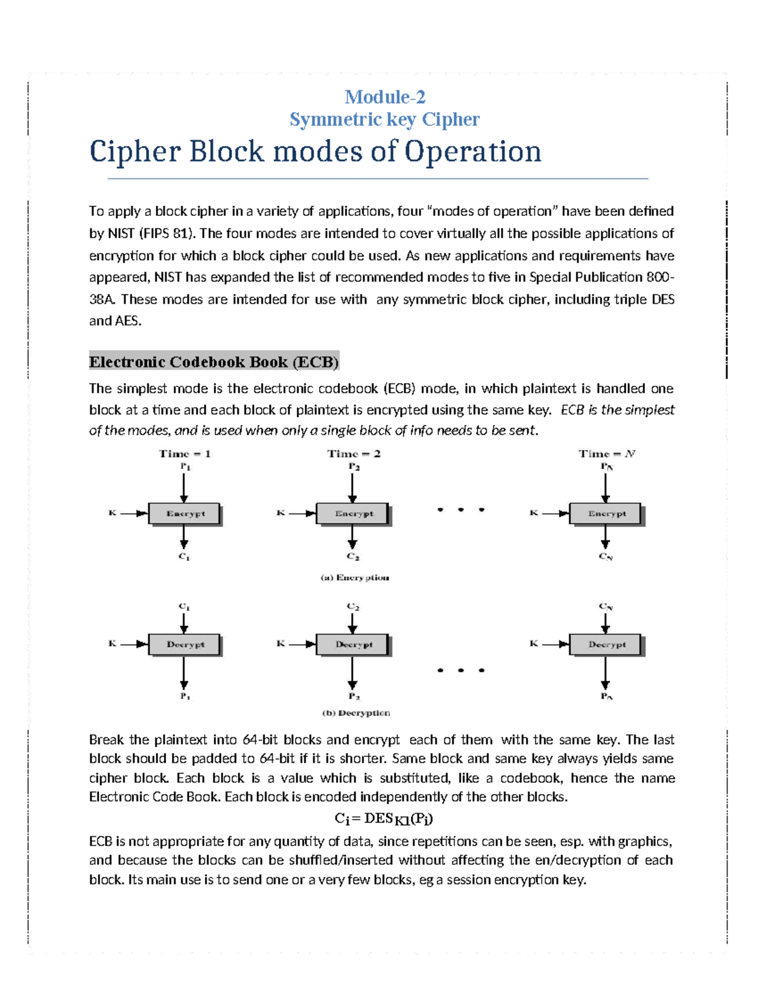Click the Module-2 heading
[x=385, y=97]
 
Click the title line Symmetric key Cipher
[x=385, y=119]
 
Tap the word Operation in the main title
[x=472, y=152]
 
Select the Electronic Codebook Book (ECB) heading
[x=214, y=362]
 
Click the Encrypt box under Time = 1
[x=185, y=514]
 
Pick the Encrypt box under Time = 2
[x=353, y=514]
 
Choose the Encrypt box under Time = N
[x=606, y=514]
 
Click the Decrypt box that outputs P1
[x=185, y=645]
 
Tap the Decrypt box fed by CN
[x=606, y=645]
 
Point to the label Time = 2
[x=354, y=453]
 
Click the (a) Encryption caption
[x=354, y=578]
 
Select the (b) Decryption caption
[x=356, y=713]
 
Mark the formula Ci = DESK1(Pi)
[x=383, y=819]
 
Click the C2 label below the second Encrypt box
[x=353, y=557]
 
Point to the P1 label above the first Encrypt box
[x=185, y=467]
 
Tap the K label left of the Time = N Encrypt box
[x=534, y=513]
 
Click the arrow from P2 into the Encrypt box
[x=352, y=487]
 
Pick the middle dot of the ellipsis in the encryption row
[x=460, y=509]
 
